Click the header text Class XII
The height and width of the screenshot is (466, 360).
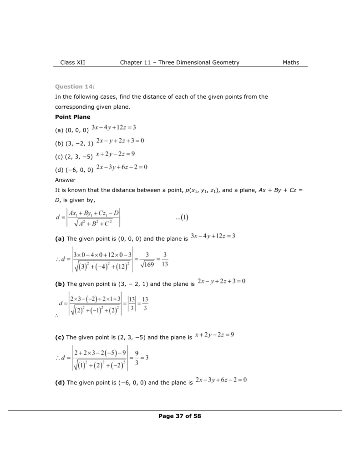(73, 62)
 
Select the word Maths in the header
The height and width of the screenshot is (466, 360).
(290, 62)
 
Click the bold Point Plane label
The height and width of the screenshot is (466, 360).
(72, 117)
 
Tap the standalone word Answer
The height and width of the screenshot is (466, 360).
(65, 180)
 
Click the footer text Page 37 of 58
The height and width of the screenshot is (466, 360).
(180, 415)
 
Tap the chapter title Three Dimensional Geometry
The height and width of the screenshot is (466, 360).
(200, 62)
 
